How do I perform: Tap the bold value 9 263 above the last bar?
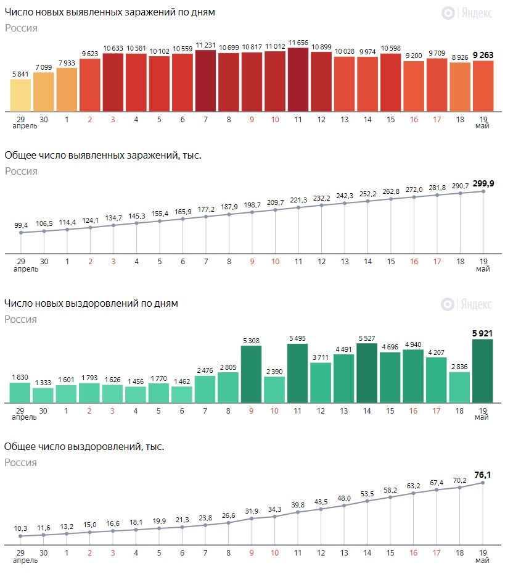click(x=483, y=55)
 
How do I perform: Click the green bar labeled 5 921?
click(x=483, y=371)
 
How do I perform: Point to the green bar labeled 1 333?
click(x=43, y=395)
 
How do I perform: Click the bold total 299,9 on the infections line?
click(x=483, y=182)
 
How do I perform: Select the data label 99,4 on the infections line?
click(x=20, y=226)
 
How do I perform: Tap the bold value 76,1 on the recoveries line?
click(x=483, y=475)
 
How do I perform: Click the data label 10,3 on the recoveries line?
click(x=20, y=528)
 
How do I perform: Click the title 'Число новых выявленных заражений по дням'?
click(x=110, y=12)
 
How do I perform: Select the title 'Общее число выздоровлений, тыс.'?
click(x=84, y=446)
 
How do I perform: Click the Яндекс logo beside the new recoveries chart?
click(x=466, y=304)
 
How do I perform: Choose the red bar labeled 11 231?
click(x=205, y=80)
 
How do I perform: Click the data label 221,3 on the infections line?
click(x=298, y=199)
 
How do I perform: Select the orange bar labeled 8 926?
click(x=460, y=86)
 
